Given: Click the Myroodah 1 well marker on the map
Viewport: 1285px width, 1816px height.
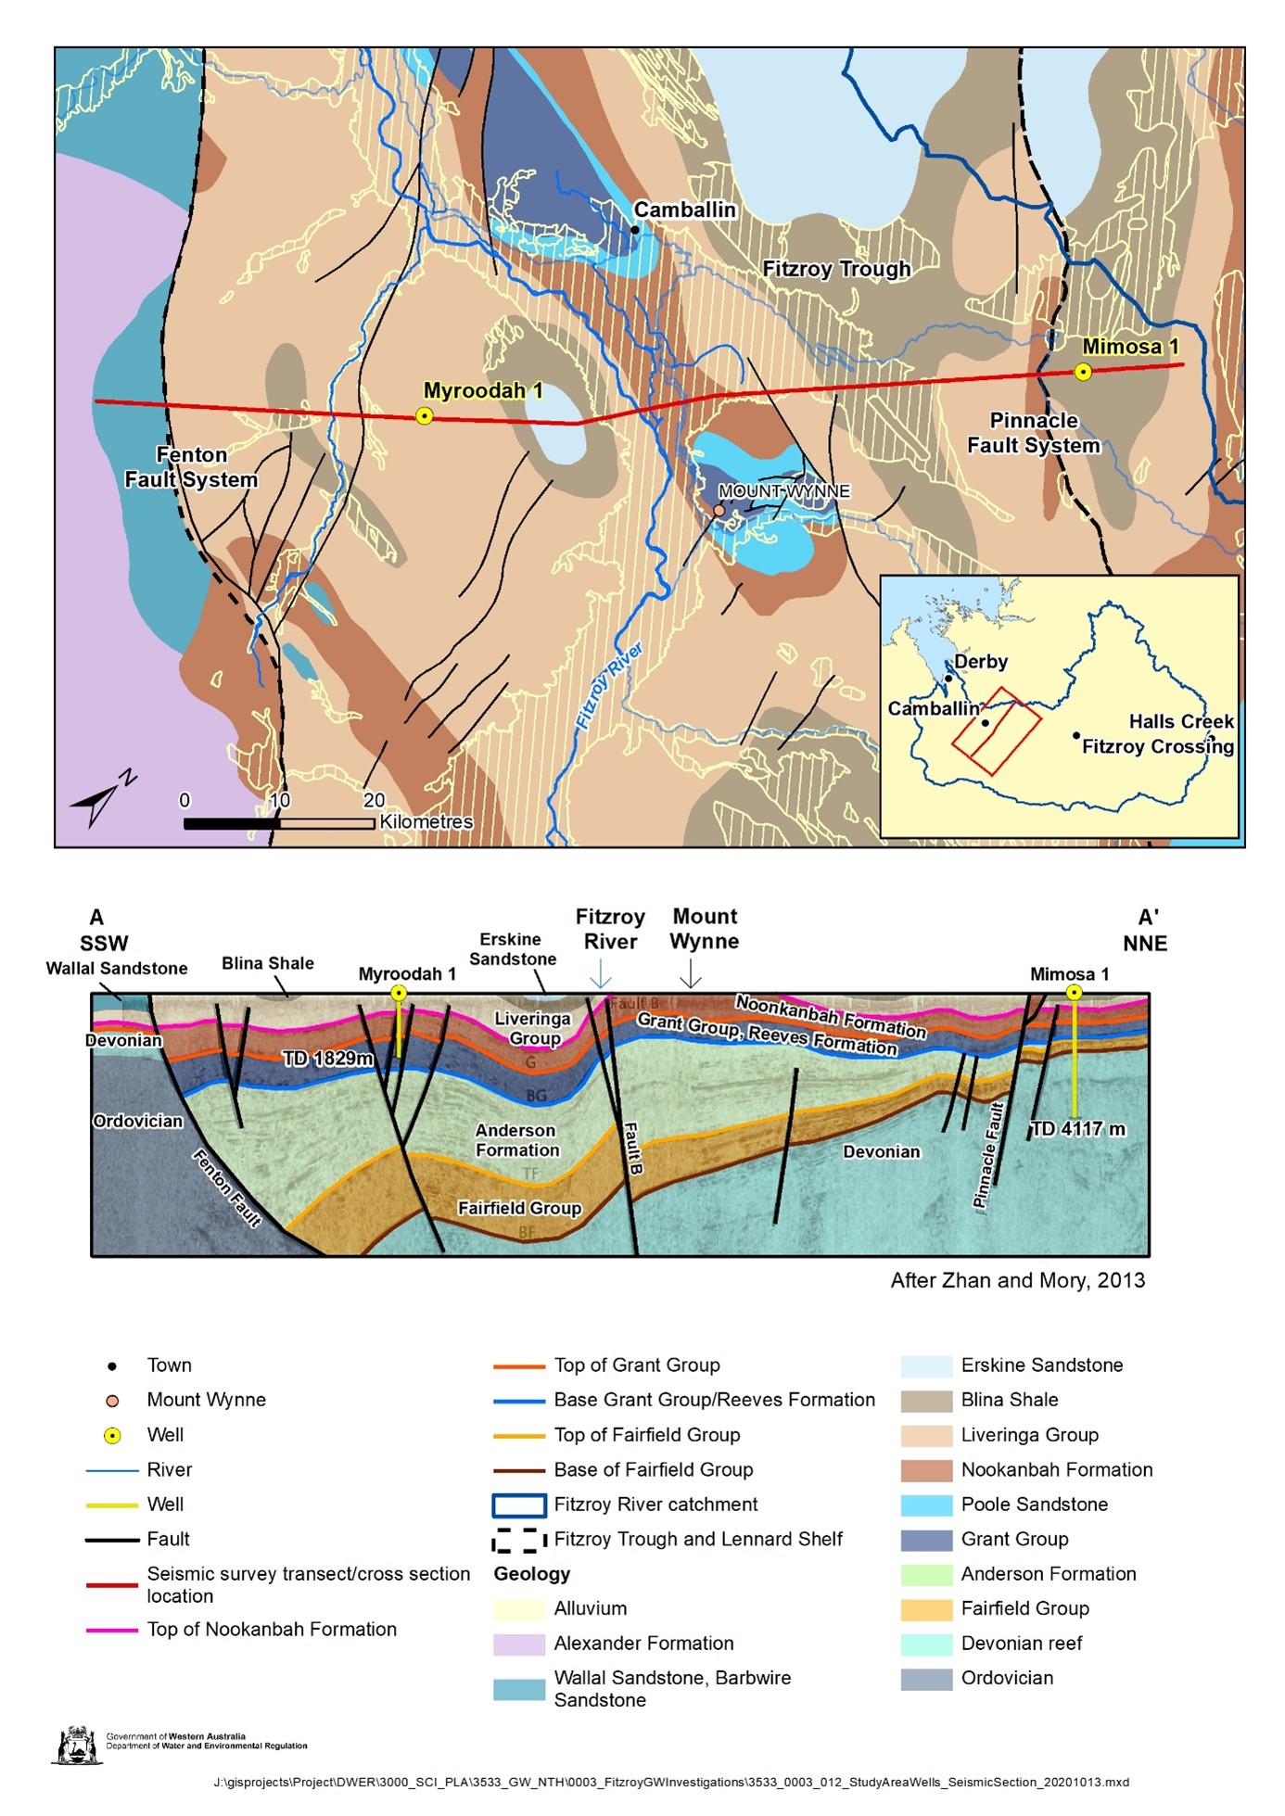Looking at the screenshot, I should (x=424, y=416).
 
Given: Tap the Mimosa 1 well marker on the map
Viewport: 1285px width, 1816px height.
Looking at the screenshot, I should (x=1082, y=373).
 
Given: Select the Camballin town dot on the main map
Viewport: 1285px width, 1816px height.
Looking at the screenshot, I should (x=635, y=230).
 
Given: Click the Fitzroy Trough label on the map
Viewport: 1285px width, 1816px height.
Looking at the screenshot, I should (x=836, y=269).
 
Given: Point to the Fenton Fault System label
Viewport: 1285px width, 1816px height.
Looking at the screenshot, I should (x=191, y=467).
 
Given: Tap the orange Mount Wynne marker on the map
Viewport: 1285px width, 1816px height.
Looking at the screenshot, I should (x=719, y=510).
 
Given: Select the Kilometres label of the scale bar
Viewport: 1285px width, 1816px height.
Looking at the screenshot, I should (x=426, y=822).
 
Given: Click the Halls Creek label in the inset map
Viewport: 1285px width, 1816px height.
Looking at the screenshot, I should (x=1180, y=721).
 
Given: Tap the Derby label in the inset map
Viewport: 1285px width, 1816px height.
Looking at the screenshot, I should (x=980, y=662).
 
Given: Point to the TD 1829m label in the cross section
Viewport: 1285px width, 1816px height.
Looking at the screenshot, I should (x=328, y=1058).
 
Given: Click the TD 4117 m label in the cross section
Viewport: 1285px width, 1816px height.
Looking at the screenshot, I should (x=1078, y=1129).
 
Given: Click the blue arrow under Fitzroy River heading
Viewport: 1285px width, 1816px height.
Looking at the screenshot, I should (x=601, y=973).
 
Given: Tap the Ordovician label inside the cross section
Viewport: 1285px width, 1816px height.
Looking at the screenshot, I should (x=137, y=1121).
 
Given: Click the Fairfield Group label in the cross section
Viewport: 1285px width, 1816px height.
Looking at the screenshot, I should (x=519, y=1208).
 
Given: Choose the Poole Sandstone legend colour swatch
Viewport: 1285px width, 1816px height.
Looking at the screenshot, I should (x=926, y=1505).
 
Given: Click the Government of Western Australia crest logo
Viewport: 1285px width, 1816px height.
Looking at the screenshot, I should (x=76, y=1745).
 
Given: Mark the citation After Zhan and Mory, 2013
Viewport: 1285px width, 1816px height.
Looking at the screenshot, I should (x=1017, y=1280).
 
